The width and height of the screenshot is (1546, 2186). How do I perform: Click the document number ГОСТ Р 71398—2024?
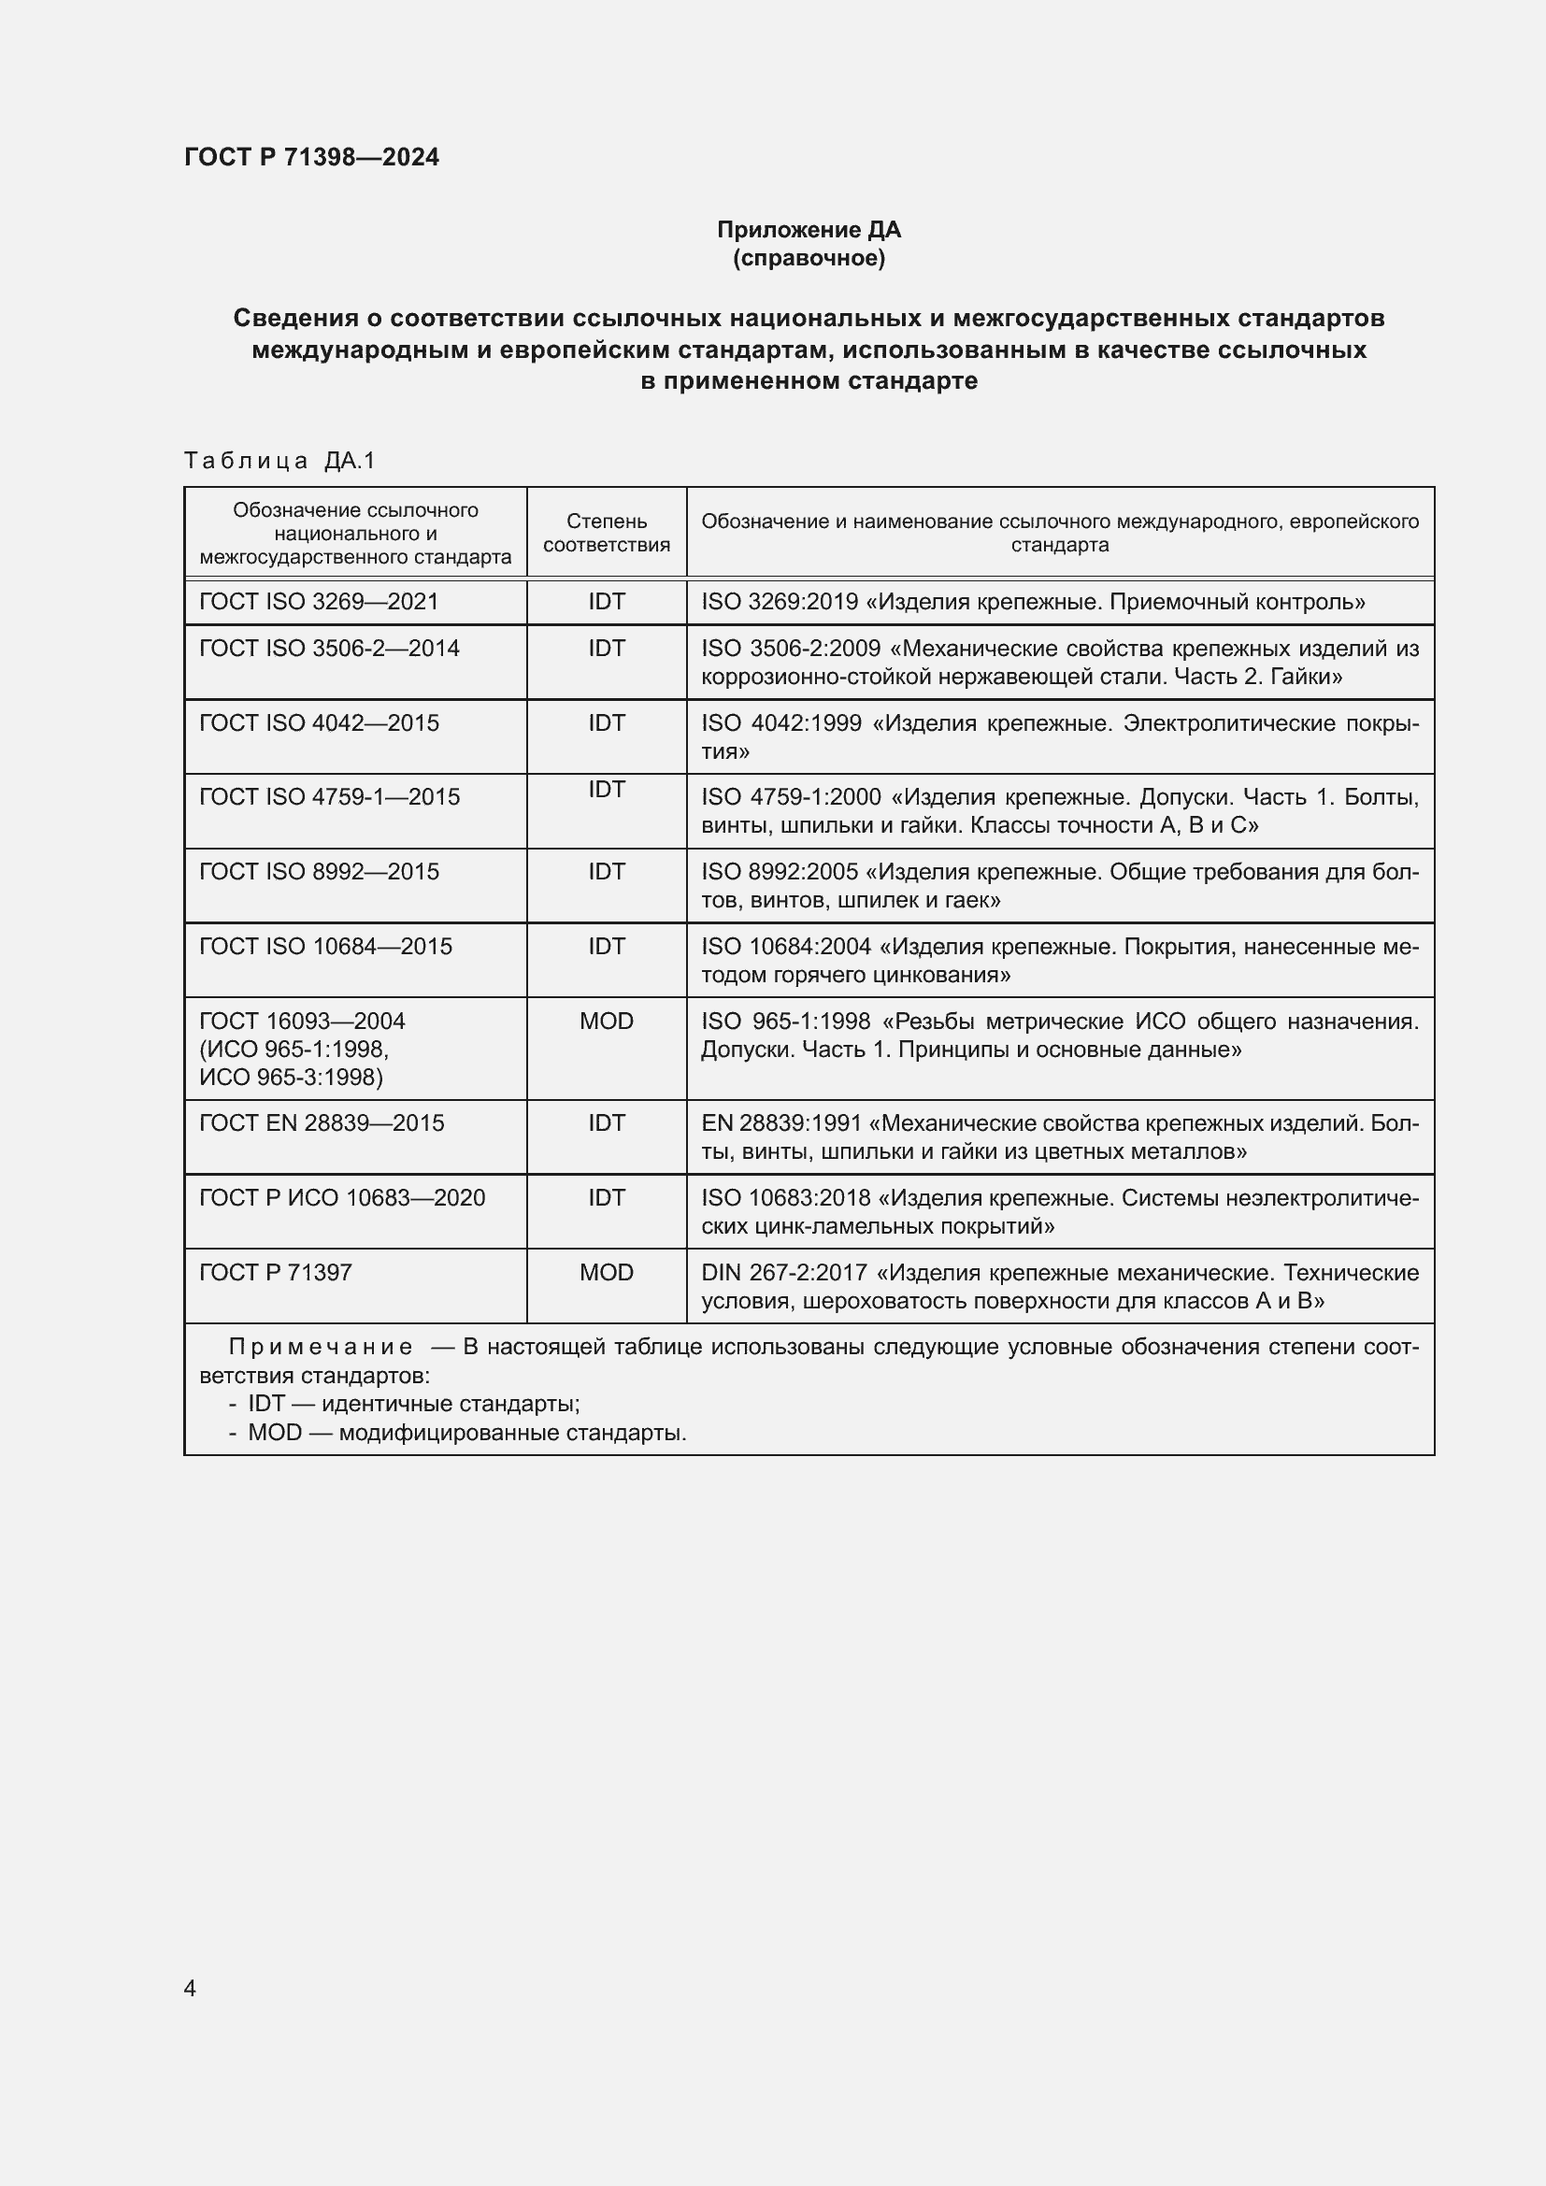tap(311, 157)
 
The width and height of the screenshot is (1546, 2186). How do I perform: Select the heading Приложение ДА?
tap(809, 230)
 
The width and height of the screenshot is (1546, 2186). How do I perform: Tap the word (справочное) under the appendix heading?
tap(809, 258)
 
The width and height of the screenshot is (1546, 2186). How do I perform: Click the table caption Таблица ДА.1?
tap(279, 461)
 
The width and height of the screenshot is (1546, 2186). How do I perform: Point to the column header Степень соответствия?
tap(607, 533)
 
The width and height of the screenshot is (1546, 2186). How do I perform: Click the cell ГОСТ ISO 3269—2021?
tap(319, 602)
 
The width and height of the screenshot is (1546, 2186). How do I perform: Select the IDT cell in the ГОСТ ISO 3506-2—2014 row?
tap(607, 649)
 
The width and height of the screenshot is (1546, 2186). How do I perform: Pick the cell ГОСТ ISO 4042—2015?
tap(319, 722)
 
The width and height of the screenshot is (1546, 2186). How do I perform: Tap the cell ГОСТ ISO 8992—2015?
tap(319, 871)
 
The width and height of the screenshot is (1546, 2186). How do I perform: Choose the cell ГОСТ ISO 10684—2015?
tap(325, 947)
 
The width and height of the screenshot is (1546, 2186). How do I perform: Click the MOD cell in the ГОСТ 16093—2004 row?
tap(607, 1021)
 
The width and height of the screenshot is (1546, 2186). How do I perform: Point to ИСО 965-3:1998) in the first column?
tap(291, 1077)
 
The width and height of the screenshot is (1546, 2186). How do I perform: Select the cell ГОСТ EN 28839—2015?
tap(322, 1122)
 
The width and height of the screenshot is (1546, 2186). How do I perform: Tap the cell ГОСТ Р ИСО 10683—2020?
tap(342, 1198)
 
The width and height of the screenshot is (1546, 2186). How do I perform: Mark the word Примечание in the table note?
tap(321, 1348)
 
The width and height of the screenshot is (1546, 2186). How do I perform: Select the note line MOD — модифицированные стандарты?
tap(466, 1433)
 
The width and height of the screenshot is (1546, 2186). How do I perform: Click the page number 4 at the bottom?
tap(190, 1988)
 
